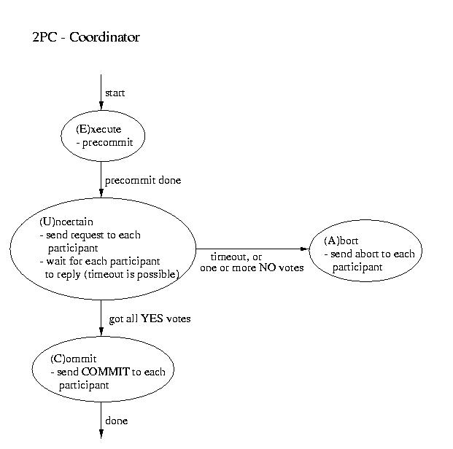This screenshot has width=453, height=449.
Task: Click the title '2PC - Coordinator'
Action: pyautogui.click(x=86, y=37)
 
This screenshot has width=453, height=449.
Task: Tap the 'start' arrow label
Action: pyautogui.click(x=115, y=93)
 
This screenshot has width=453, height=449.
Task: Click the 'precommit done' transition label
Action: pyautogui.click(x=143, y=181)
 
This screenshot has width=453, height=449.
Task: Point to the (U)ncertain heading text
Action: pyautogui.click(x=66, y=222)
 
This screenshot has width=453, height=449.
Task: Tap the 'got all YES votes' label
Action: pyautogui.click(x=150, y=319)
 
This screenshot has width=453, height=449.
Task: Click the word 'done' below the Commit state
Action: pyautogui.click(x=117, y=421)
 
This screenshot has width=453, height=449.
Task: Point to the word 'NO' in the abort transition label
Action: pyautogui.click(x=268, y=268)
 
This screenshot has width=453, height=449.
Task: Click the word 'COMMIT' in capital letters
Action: pyautogui.click(x=106, y=372)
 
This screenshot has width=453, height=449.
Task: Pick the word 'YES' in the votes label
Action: pyautogui.click(x=152, y=319)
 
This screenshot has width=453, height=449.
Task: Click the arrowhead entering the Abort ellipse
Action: pyautogui.click(x=305, y=249)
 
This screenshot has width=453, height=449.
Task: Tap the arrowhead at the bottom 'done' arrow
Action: pyautogui.click(x=101, y=434)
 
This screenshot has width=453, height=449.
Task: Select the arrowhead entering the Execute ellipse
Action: pyautogui.click(x=101, y=106)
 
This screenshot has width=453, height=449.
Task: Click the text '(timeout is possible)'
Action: pyautogui.click(x=132, y=274)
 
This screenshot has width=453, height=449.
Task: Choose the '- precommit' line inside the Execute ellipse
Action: pyautogui.click(x=104, y=143)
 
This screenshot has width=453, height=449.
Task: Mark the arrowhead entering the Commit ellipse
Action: pyautogui.click(x=101, y=332)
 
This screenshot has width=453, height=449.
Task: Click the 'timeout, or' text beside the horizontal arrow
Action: pyautogui.click(x=236, y=257)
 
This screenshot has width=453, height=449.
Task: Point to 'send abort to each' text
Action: pyautogui.click(x=373, y=254)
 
